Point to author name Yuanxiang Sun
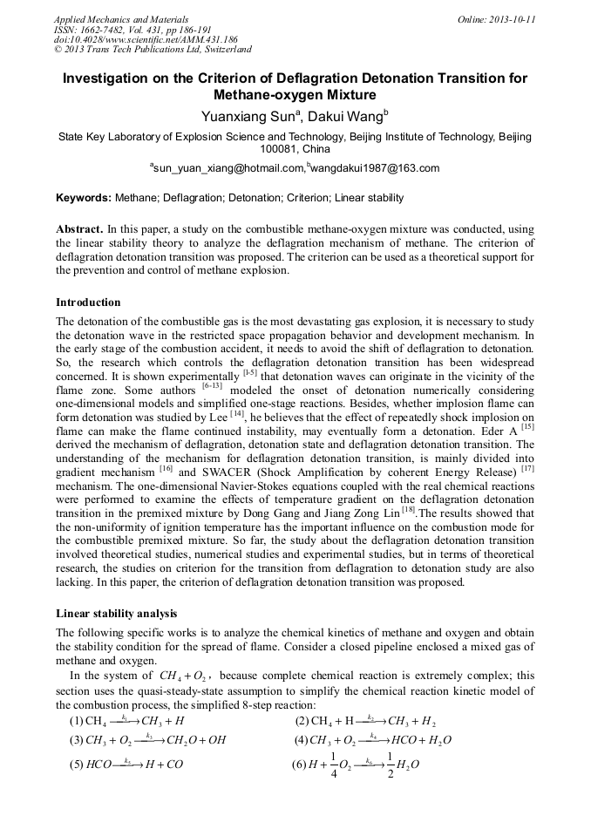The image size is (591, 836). tap(247, 115)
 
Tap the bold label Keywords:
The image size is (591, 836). tap(89, 198)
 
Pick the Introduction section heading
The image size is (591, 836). tap(88, 302)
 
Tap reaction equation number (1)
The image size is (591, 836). tap(77, 721)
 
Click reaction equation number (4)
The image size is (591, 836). tap(302, 741)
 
